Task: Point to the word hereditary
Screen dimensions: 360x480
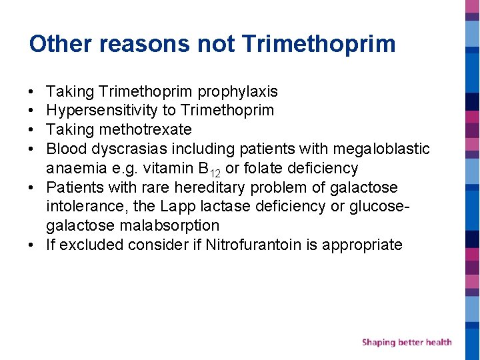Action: click(213, 187)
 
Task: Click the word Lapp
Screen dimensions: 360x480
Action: click(177, 207)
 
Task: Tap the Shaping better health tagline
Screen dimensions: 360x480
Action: click(407, 342)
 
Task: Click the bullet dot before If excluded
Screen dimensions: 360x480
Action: click(32, 245)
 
